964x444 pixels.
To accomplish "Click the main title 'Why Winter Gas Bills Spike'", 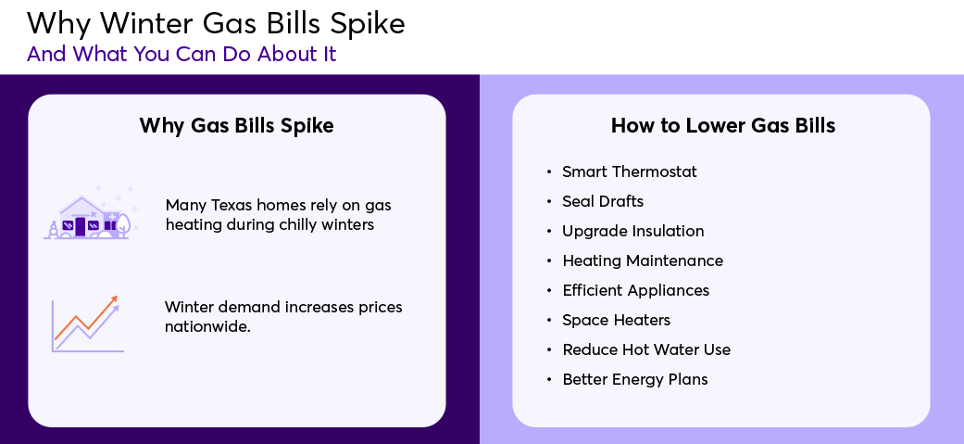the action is [216, 23].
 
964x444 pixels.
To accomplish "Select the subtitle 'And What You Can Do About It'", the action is [182, 54].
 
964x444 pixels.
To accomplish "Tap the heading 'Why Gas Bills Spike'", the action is [237, 126].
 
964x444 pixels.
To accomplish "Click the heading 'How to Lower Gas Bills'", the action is [723, 126].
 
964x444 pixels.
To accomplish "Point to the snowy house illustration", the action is [91, 212].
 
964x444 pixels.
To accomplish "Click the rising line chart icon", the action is [87, 323].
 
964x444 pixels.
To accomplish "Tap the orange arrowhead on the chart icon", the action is [113, 299].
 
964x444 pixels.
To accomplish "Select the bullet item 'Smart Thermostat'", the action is [630, 171].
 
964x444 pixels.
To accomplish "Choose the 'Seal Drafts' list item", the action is [603, 201].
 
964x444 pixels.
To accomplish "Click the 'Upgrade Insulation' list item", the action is [633, 231].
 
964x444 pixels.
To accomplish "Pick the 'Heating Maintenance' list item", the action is [643, 260].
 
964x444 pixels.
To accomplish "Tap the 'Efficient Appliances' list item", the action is [635, 290].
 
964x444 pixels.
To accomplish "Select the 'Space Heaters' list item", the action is [617, 320].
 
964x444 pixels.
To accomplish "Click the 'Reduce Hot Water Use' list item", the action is [646, 349].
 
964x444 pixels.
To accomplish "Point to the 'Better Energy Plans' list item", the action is [635, 379].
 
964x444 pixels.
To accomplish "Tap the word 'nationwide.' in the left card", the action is [207, 326].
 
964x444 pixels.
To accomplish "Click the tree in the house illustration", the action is [122, 225].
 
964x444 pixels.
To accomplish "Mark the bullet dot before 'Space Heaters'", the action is [549, 320].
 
